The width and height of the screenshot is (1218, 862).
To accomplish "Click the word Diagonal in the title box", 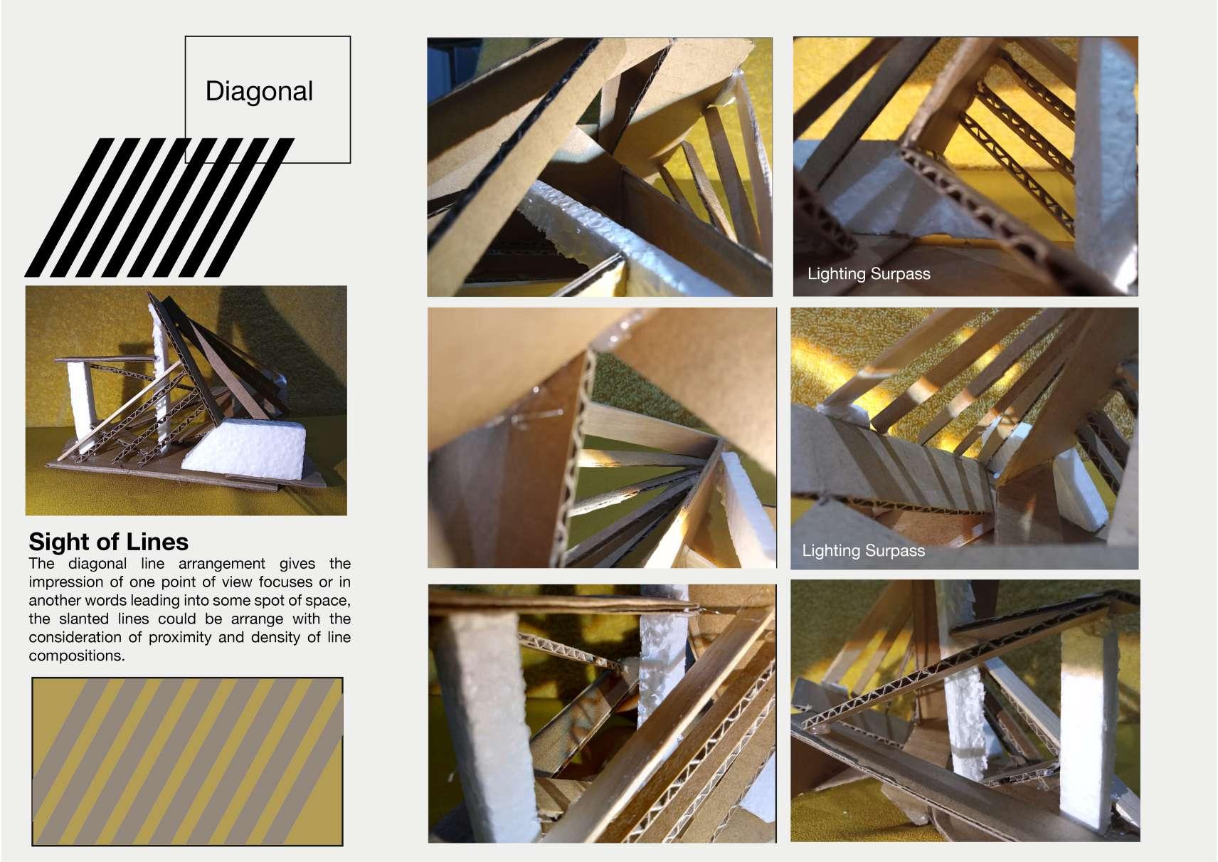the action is click(x=259, y=91).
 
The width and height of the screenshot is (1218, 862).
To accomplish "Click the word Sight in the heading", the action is click(x=59, y=542).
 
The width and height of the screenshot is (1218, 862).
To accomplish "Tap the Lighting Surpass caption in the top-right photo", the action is click(x=869, y=274).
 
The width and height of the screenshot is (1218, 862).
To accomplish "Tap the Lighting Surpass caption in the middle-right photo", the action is click(x=863, y=551).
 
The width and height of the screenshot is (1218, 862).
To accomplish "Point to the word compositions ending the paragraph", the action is click(x=77, y=656).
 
